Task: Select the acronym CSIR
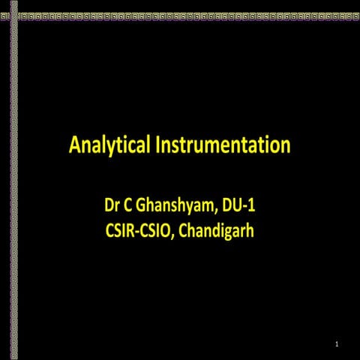click(x=122, y=230)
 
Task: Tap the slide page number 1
click(x=338, y=344)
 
